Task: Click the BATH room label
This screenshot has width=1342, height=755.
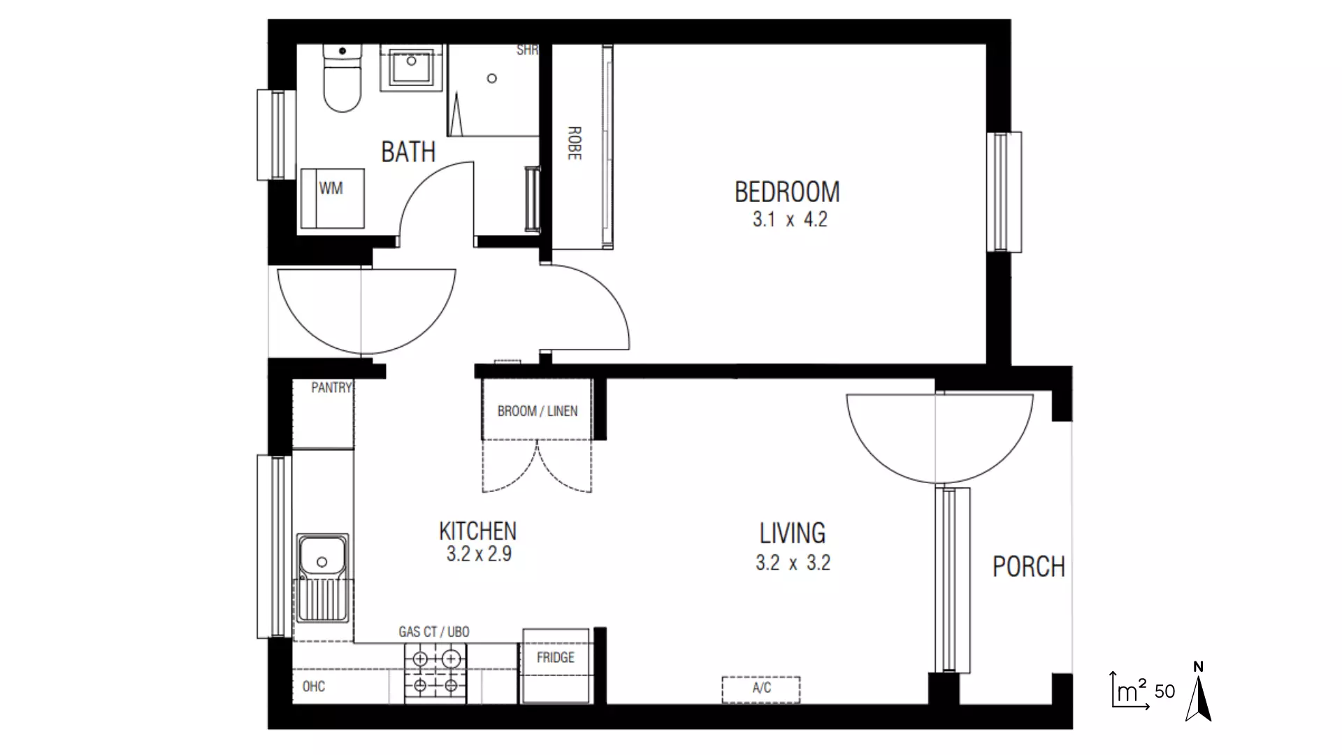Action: [408, 152]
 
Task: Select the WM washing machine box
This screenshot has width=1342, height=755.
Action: [331, 199]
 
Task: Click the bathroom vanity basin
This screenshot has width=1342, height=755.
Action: [412, 68]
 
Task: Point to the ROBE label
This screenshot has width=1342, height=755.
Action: [574, 143]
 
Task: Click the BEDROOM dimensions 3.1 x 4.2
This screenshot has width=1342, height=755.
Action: [789, 220]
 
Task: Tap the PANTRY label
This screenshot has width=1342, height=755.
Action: [331, 387]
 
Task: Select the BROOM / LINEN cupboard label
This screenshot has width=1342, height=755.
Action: [537, 411]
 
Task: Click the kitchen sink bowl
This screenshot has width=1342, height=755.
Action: [322, 557]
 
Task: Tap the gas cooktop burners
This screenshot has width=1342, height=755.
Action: [435, 673]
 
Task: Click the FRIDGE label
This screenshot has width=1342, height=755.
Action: [555, 657]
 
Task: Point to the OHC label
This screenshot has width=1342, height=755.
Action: [313, 686]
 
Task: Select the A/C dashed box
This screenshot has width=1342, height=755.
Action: [760, 689]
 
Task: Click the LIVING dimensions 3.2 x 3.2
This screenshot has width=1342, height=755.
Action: [792, 563]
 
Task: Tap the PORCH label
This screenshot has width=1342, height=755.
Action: [1028, 566]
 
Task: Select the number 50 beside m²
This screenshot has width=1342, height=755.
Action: [1164, 691]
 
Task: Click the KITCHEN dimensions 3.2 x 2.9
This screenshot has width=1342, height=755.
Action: [479, 554]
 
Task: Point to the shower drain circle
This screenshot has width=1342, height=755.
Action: [492, 78]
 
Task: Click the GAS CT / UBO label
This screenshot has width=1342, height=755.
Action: [433, 632]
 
